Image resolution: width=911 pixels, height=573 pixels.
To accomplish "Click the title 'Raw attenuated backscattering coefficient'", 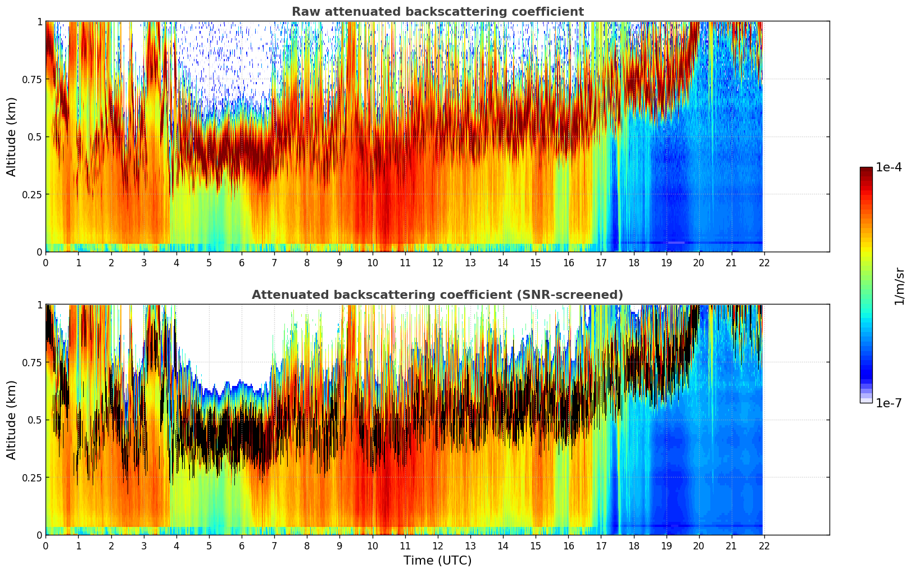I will [437, 12].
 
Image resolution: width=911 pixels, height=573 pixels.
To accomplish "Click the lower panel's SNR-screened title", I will [437, 295].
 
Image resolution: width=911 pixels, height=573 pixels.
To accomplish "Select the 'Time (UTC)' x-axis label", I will [437, 561].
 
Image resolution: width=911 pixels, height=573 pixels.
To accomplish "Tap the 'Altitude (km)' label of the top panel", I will [12, 137].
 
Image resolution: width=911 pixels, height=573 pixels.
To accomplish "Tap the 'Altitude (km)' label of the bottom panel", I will [12, 420].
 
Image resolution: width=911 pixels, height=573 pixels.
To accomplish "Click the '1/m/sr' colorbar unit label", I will [899, 285].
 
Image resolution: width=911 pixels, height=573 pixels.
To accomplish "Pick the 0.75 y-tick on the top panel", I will [31, 79].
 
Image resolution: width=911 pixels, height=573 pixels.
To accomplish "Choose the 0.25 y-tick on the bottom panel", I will [31, 477].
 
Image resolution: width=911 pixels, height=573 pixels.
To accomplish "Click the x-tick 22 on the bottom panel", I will [764, 545].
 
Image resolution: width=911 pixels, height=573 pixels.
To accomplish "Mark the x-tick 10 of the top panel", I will [372, 262].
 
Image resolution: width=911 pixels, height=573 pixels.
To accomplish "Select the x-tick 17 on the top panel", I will [601, 262].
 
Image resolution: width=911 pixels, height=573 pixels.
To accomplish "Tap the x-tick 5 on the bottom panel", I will [209, 545].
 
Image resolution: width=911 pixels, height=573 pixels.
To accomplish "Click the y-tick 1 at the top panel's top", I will [39, 21].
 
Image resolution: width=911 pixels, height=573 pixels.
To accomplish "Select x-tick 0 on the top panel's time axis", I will [46, 262].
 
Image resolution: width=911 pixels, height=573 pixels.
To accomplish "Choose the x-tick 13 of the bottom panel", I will [470, 545].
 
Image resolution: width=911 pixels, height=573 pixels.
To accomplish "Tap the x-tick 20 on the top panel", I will [699, 262].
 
